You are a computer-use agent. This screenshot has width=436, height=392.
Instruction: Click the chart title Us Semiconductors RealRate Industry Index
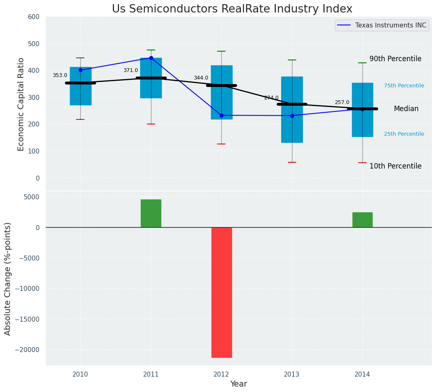click(232, 9)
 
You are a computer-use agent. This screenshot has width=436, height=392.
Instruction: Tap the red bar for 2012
click(221, 292)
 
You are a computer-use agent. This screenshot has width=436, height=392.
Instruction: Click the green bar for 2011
click(151, 213)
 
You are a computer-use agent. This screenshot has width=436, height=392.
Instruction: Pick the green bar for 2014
click(362, 220)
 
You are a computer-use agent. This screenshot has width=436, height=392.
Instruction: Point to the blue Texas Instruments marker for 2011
click(151, 58)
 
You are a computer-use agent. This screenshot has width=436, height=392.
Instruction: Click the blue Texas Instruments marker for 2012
click(221, 115)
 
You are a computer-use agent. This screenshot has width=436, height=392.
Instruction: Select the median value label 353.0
click(60, 75)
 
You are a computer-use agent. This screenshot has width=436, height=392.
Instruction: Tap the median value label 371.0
click(131, 70)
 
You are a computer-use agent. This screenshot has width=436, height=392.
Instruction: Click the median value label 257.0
click(342, 102)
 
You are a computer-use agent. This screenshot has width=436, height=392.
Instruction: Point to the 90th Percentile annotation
click(395, 59)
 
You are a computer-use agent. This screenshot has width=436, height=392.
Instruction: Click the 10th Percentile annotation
click(395, 166)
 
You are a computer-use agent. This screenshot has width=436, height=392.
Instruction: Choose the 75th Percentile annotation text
click(404, 86)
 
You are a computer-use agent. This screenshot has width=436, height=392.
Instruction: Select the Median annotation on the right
click(406, 109)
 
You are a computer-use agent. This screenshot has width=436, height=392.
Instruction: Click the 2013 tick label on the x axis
click(292, 375)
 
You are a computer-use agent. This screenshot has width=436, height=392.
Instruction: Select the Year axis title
click(238, 384)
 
